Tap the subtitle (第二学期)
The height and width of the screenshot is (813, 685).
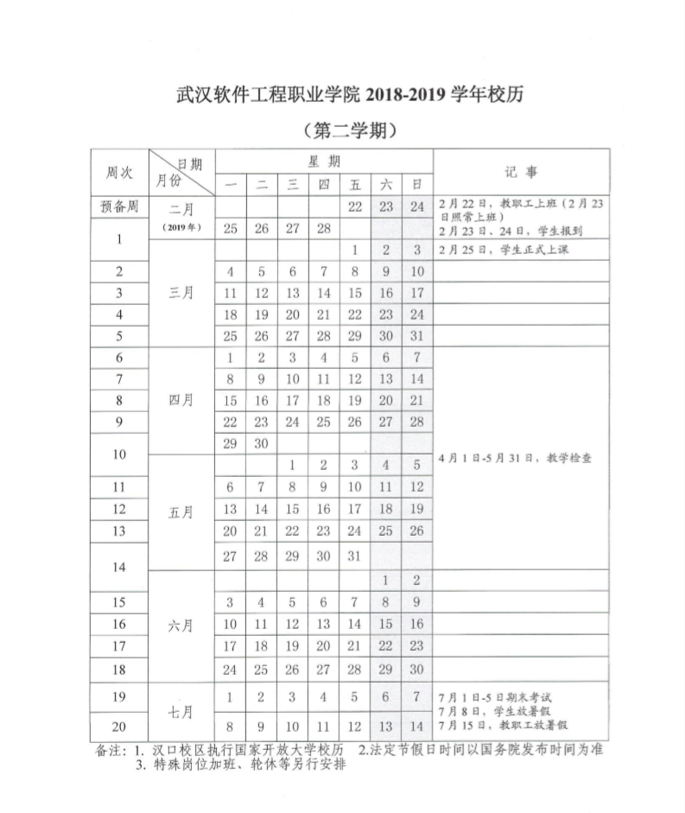[x=351, y=131]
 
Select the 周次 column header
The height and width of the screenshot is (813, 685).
[x=119, y=172]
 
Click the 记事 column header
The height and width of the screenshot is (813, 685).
[x=521, y=172]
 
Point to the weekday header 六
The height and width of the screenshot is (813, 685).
[x=386, y=184]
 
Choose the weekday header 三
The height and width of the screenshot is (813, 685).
[x=293, y=184]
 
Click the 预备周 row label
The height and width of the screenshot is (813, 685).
[x=119, y=206]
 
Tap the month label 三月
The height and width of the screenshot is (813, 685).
[x=181, y=292]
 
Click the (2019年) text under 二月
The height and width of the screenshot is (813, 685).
[x=181, y=228]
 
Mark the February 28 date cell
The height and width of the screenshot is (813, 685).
[x=324, y=228]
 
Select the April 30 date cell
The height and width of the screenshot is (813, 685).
[x=262, y=442]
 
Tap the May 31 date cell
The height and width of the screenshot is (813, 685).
[x=355, y=556]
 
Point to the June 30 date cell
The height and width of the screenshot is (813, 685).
[x=417, y=669]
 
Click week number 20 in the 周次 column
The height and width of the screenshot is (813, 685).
[x=119, y=726]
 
